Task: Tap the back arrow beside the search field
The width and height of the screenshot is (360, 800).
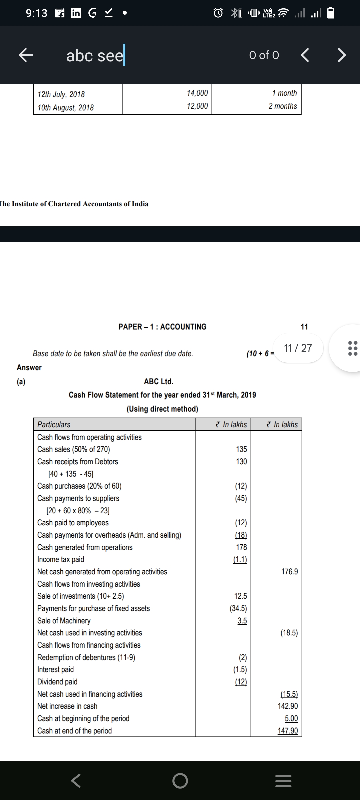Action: [x=26, y=55]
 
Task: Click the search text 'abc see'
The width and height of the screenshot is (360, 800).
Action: [x=95, y=55]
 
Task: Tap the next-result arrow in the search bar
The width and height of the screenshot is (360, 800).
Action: [x=341, y=55]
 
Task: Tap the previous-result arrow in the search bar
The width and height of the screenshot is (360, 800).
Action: [x=305, y=55]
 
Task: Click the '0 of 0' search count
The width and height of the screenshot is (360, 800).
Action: [x=264, y=55]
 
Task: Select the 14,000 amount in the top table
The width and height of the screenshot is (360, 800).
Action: [x=197, y=93]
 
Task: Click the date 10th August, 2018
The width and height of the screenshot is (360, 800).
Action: [x=66, y=108]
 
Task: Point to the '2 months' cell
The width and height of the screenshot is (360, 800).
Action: [x=283, y=106]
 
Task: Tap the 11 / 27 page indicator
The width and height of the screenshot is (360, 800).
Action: [x=298, y=348]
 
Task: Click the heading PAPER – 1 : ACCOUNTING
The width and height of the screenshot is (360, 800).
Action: [x=162, y=327]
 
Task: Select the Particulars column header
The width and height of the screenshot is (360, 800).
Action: [x=54, y=424]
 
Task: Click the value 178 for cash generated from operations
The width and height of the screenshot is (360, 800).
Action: [x=241, y=547]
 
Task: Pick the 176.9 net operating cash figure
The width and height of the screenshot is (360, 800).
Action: [x=290, y=572]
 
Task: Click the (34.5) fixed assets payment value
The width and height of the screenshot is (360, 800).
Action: [x=238, y=608]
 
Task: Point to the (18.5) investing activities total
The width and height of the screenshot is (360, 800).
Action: [x=289, y=633]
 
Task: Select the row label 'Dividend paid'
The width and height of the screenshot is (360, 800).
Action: [x=57, y=682]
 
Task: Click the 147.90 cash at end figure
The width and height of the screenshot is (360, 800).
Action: [x=288, y=731]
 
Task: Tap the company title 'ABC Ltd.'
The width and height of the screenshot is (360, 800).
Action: [x=159, y=381]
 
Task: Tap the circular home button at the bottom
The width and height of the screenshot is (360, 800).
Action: [x=180, y=781]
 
